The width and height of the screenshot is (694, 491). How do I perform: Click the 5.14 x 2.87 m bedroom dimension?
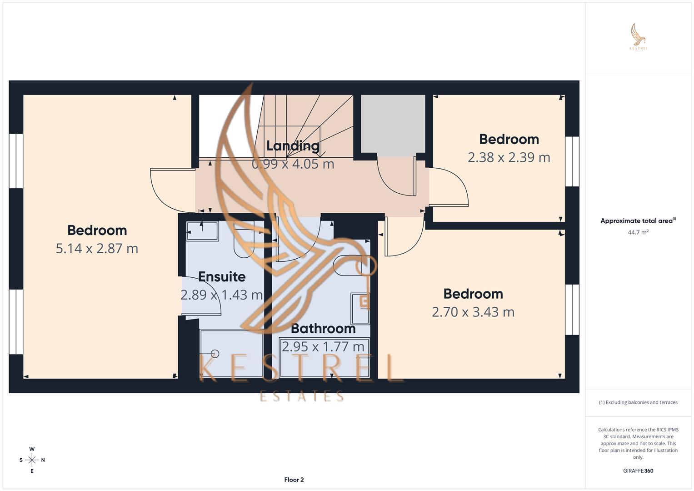tap(97, 248)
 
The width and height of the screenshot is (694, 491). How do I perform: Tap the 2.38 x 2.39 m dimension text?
tap(509, 157)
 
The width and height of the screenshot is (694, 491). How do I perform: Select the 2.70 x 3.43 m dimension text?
tap(473, 312)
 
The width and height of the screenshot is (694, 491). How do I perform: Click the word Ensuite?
tap(222, 276)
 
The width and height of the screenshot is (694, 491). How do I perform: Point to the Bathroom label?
tap(323, 328)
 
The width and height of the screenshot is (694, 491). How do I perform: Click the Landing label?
tap(293, 145)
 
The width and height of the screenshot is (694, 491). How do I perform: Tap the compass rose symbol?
tap(32, 460)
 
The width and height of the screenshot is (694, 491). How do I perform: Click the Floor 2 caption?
tap(294, 480)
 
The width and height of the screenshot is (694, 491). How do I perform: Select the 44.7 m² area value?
tap(638, 232)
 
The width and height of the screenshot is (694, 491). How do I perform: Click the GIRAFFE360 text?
tap(638, 471)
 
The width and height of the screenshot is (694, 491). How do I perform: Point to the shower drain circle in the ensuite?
tap(215, 354)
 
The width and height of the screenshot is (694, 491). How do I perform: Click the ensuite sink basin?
tap(203, 231)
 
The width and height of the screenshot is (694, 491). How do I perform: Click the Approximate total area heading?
tap(638, 221)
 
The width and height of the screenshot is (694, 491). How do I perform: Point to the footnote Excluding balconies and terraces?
tap(638, 402)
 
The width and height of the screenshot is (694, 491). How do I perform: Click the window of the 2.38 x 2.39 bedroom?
tap(572, 161)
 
